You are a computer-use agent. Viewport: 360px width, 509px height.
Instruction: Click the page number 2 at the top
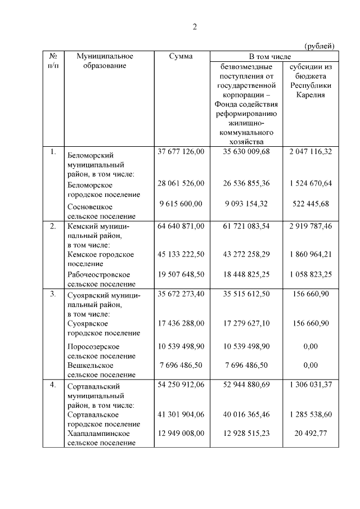click(195, 26)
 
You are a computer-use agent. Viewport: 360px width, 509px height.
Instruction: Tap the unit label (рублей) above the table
click(320, 46)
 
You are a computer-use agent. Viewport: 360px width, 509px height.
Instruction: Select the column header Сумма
click(181, 56)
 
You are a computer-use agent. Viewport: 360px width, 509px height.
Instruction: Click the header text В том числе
click(274, 57)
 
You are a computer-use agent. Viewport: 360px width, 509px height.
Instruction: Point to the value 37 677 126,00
click(181, 151)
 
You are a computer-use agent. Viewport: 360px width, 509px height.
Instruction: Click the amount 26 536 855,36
click(246, 183)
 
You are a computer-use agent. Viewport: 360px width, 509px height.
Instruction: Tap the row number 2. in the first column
click(53, 227)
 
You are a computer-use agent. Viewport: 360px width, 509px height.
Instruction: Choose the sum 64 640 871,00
click(181, 226)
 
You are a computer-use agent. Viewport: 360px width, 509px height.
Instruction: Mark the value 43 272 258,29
click(246, 254)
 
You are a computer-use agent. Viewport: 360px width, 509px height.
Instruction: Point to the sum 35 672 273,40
click(181, 294)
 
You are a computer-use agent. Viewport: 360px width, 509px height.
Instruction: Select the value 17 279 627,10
click(246, 323)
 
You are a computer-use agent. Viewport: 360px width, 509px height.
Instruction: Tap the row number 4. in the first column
click(53, 385)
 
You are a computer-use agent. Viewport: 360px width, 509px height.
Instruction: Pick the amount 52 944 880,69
click(246, 385)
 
